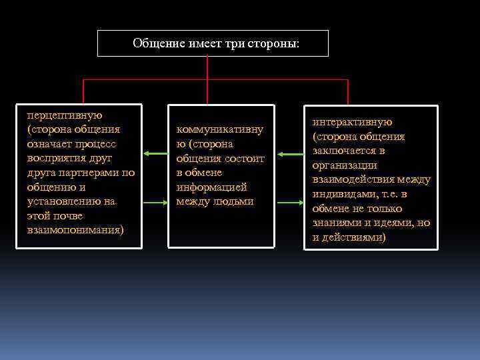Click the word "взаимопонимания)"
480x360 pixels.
point(75,230)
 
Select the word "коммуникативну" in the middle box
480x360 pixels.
point(219,130)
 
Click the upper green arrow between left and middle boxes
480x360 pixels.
point(155,154)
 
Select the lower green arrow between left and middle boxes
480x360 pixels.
point(155,202)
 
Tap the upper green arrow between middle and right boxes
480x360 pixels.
point(289,154)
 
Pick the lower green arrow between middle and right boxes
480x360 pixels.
point(289,202)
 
